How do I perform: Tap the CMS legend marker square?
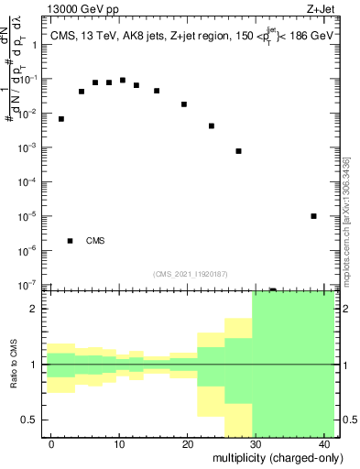[x=71, y=241]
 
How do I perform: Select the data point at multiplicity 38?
[x=313, y=216]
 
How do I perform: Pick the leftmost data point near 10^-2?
[x=61, y=119]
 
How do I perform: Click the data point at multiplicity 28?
[x=238, y=151]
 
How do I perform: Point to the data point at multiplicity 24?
[x=212, y=126]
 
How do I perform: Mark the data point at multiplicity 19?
[x=184, y=104]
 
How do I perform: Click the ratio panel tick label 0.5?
[x=35, y=420]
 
